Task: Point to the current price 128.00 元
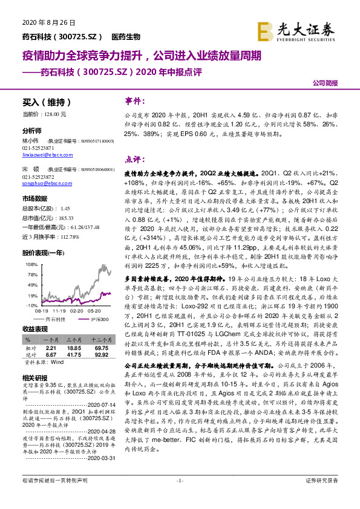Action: (54, 114)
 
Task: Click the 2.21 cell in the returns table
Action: (51, 349)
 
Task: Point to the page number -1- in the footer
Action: (179, 497)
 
